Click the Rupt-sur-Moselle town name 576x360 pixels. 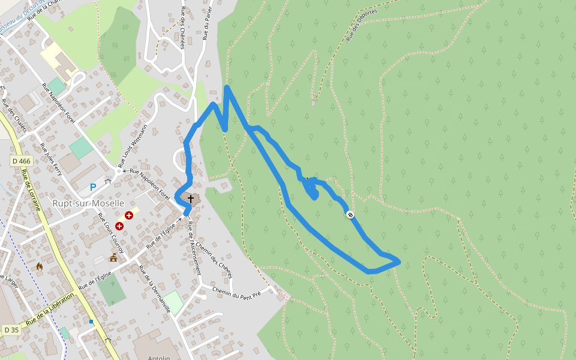click(88, 203)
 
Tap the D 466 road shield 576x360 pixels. click(21, 161)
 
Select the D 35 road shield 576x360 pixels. click(11, 330)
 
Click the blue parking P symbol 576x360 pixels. click(93, 187)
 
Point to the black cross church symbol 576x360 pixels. click(191, 199)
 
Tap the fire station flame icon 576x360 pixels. click(40, 266)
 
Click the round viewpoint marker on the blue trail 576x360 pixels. click(350, 214)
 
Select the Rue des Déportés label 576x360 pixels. click(362, 25)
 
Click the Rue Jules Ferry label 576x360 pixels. click(51, 158)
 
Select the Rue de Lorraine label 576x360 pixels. click(31, 190)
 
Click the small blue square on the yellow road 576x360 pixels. click(91, 322)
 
